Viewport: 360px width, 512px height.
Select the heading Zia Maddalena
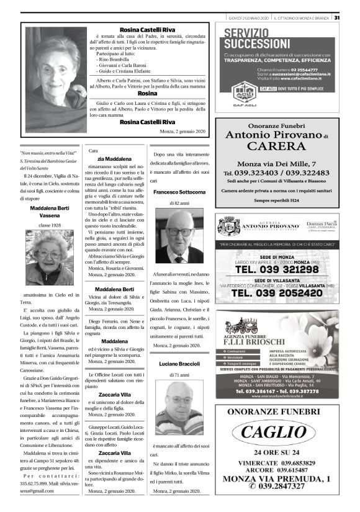coord(114,159)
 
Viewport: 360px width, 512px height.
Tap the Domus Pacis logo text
coord(322,224)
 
